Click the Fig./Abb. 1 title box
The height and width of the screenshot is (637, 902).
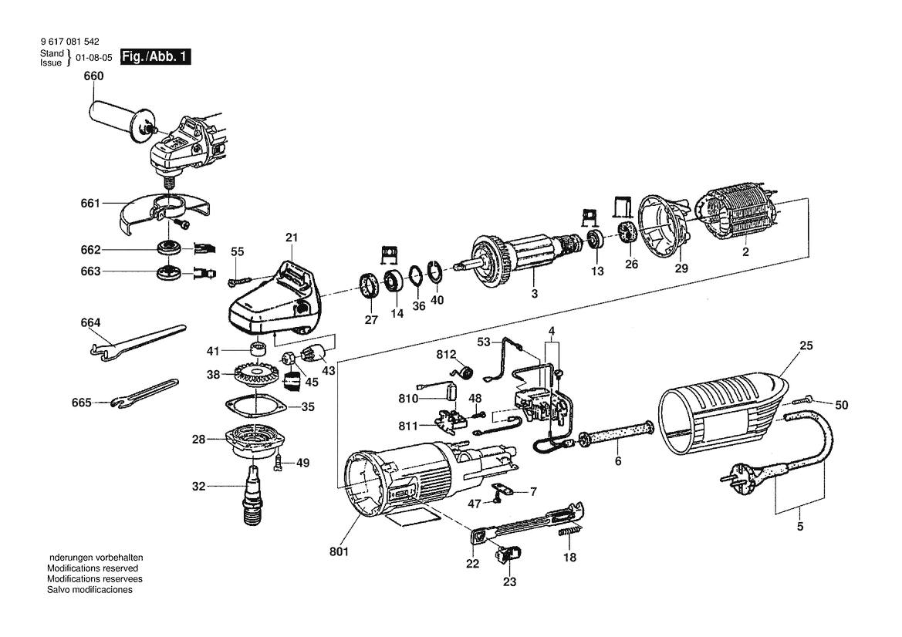[x=155, y=57]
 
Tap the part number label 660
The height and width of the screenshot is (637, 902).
[x=93, y=76]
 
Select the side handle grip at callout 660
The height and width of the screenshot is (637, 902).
[x=112, y=114]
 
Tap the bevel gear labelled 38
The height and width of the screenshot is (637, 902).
[x=255, y=375]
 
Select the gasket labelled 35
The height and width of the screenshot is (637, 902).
[x=255, y=406]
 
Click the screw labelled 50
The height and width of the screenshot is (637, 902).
[x=805, y=400]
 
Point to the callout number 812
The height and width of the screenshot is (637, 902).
[x=446, y=355]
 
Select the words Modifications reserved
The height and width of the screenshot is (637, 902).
[x=93, y=568]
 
